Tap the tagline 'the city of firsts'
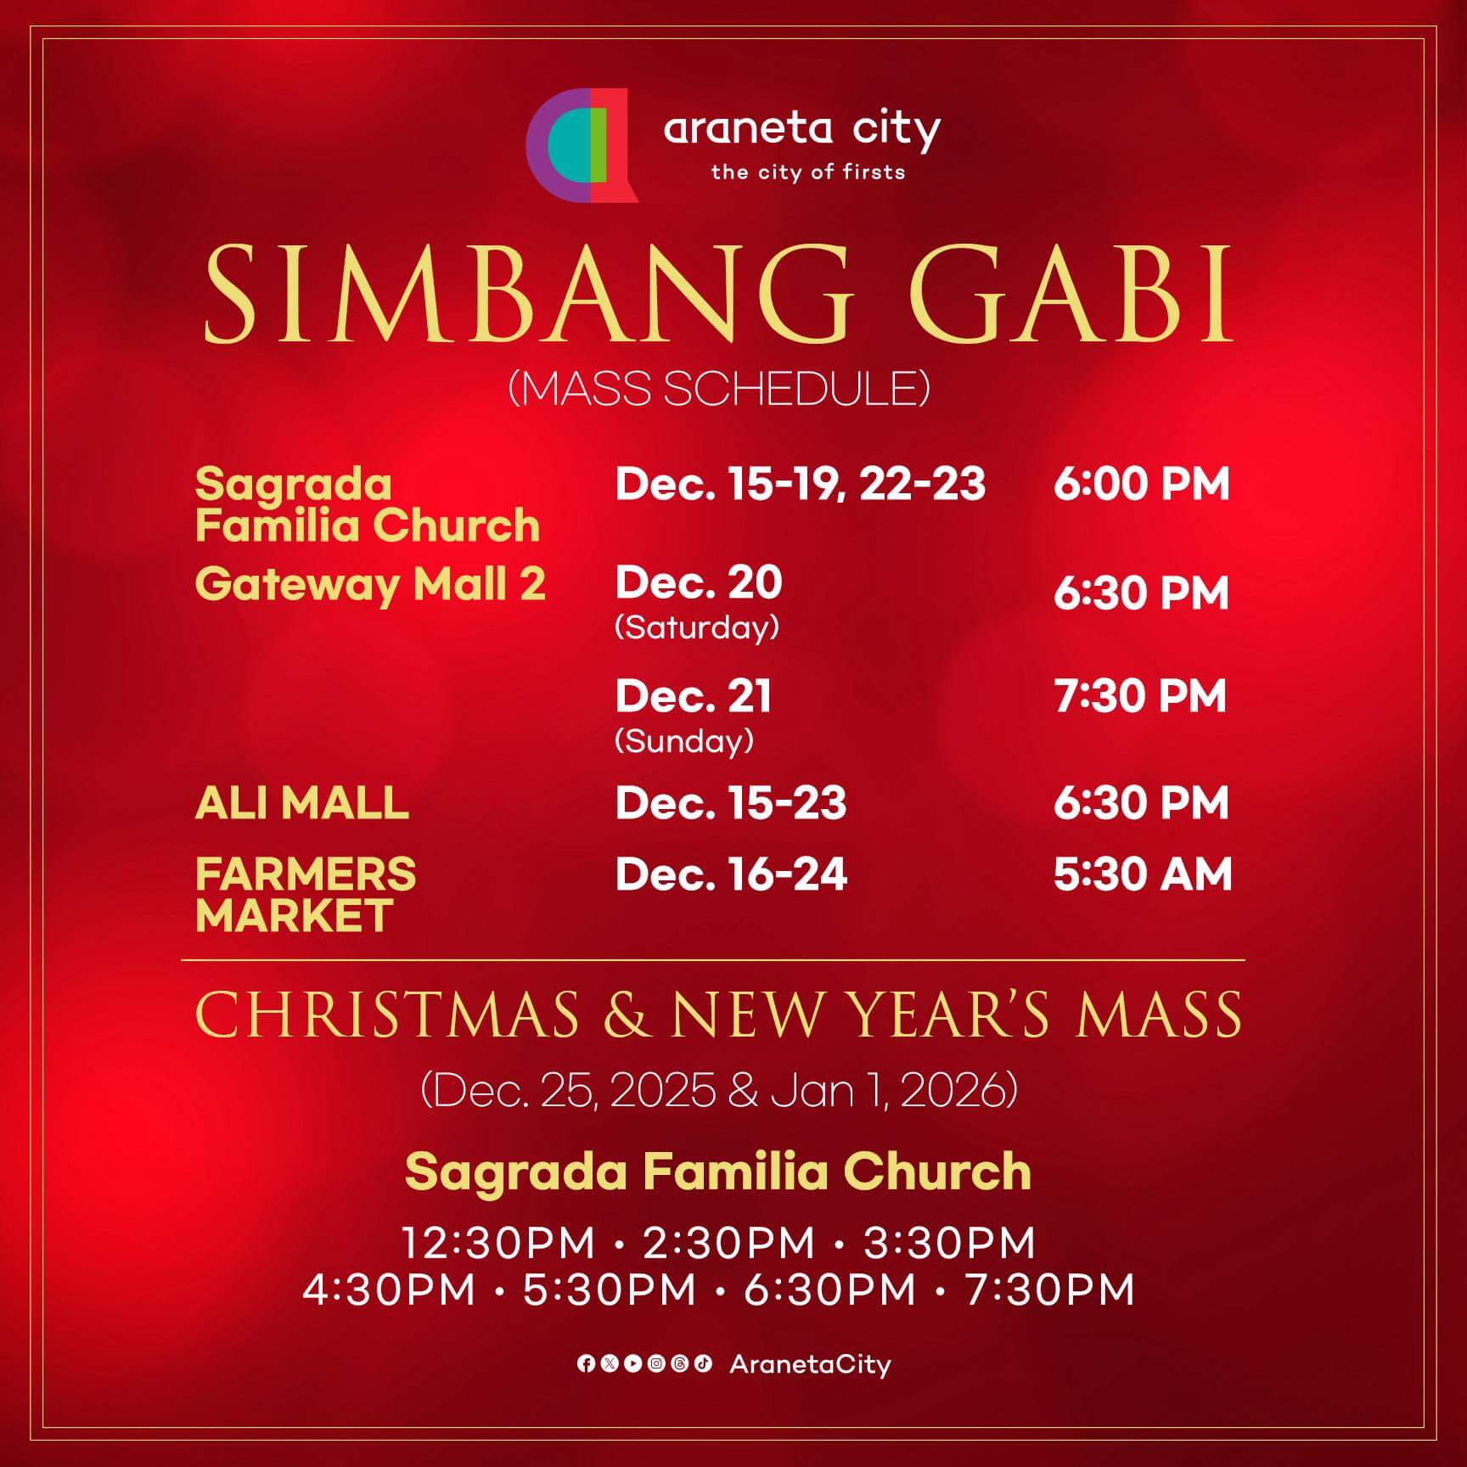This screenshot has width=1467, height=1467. click(808, 172)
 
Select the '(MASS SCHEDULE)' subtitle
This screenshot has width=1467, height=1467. click(719, 389)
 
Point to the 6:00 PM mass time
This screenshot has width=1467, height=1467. click(1142, 484)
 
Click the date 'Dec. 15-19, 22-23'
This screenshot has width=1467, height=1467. click(800, 484)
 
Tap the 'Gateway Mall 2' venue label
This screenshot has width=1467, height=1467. click(370, 585)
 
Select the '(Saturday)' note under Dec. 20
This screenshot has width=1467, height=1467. click(696, 627)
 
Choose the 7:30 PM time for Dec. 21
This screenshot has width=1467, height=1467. click(1141, 695)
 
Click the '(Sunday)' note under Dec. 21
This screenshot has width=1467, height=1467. click(683, 741)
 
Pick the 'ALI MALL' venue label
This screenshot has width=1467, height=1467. click(302, 803)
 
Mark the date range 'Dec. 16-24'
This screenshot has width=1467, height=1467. click(731, 874)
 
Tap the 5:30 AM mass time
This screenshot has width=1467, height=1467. click(1143, 874)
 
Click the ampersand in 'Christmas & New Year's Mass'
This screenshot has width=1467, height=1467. click(626, 1015)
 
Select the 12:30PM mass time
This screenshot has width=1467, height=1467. click(498, 1243)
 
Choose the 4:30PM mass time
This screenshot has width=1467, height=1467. click(389, 1290)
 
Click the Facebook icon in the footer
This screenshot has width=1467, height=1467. click(586, 1363)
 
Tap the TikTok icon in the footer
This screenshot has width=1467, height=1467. click(703, 1363)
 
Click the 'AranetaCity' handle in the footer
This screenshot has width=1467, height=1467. click(810, 1364)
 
